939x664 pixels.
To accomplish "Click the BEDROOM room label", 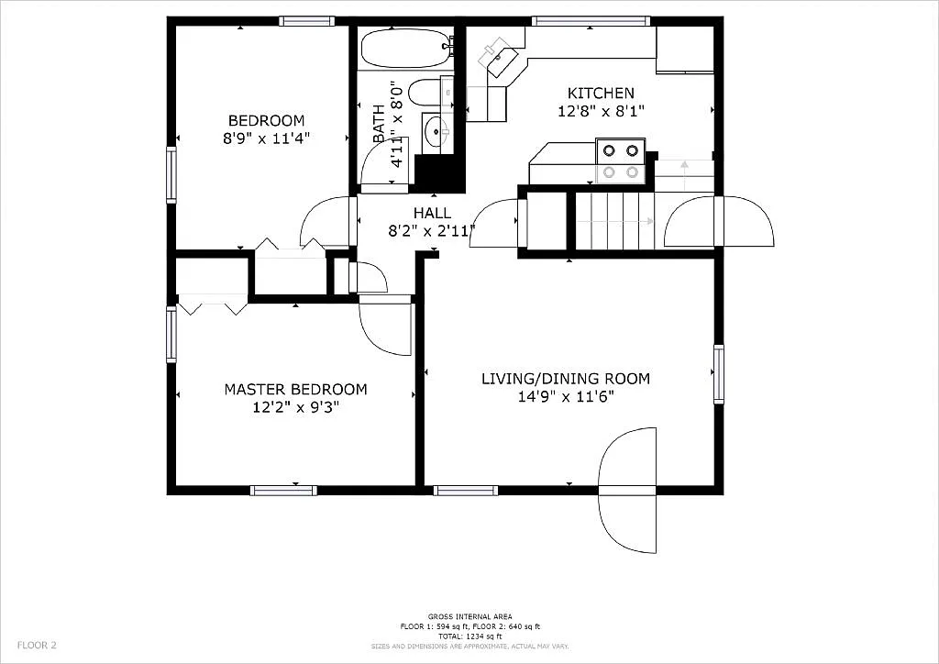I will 266,120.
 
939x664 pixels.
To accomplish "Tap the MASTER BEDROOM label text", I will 295,389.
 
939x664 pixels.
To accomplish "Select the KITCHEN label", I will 601,93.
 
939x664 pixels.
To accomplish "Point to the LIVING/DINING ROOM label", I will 566,378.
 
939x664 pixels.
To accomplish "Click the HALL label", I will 432,213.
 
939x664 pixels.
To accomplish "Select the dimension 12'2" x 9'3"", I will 296,407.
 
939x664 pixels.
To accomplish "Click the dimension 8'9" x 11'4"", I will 266,138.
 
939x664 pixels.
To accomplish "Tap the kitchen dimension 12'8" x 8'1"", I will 601,111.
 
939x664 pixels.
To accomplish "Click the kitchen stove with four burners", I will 620,160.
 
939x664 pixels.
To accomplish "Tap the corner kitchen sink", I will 500,56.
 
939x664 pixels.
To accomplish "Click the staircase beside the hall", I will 614,220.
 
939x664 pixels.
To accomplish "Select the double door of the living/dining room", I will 628,491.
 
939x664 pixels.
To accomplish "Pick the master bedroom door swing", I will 385,326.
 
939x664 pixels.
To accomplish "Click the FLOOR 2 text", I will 37,645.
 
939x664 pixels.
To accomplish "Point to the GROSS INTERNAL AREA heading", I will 469,616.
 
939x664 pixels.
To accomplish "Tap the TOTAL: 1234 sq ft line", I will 469,636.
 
